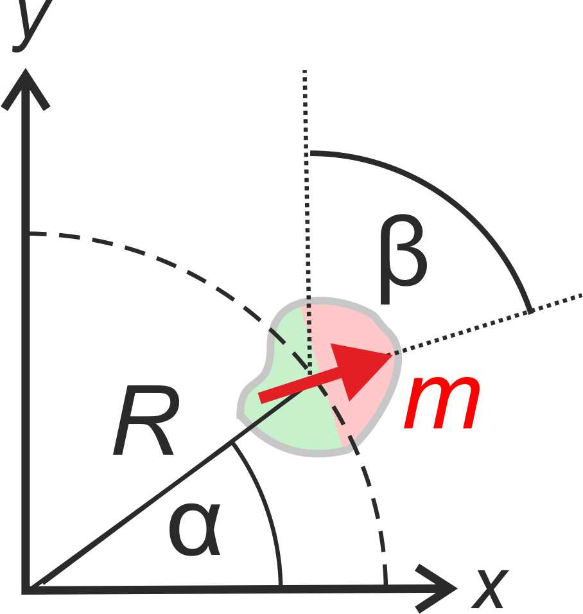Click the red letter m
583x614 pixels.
(442, 403)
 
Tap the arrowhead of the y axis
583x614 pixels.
(26, 87)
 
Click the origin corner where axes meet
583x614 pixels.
(27, 586)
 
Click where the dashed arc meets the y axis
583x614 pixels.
(28, 234)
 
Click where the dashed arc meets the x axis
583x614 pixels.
(385, 584)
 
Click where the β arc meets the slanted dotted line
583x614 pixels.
(530, 311)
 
